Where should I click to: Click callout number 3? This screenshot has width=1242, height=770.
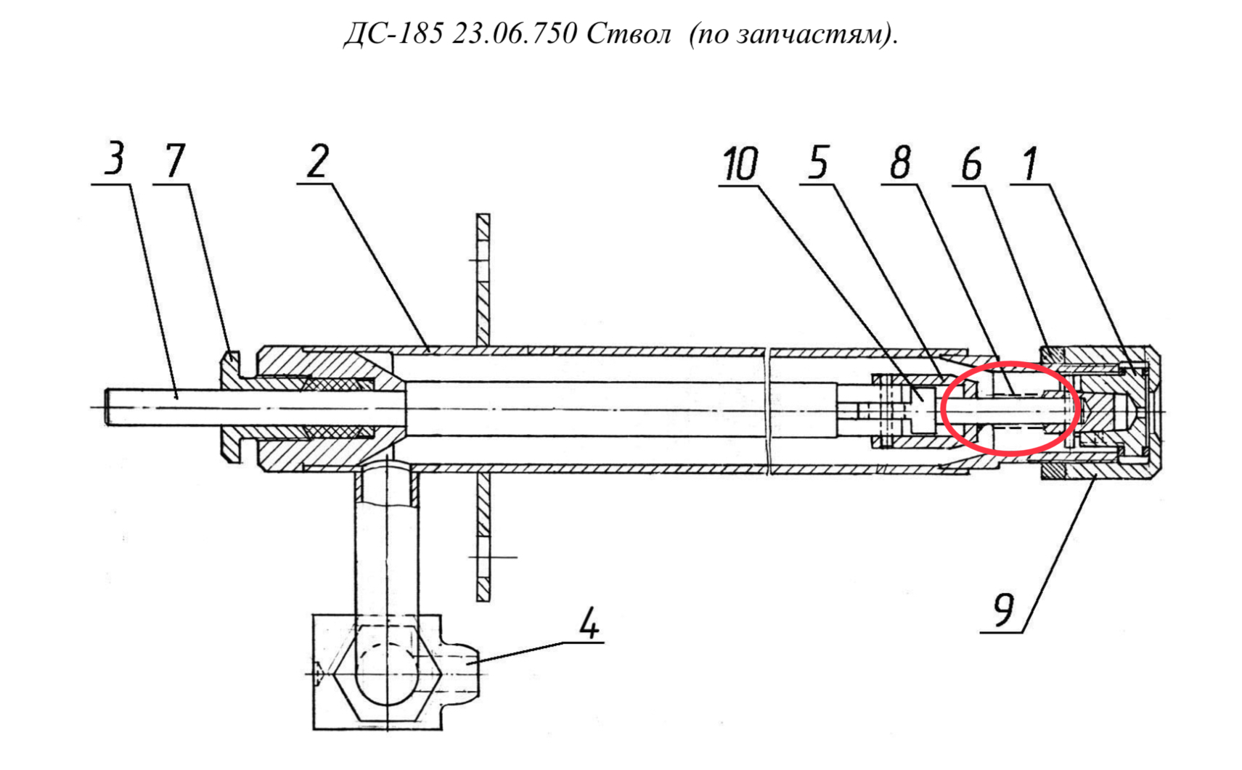pos(115,158)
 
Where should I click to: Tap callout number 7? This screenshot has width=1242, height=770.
pos(175,161)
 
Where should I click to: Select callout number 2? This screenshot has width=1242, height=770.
pos(318,161)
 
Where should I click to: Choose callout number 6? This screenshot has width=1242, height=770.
pos(971,164)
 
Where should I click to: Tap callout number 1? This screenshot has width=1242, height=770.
pos(1030,163)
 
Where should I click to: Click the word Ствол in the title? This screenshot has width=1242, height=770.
pos(629,34)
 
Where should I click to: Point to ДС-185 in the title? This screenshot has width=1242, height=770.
pos(393,34)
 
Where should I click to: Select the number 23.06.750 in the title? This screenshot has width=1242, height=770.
pos(515,34)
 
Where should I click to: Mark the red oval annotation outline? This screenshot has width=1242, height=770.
pos(941,409)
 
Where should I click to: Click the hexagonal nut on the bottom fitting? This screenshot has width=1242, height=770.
pos(387,673)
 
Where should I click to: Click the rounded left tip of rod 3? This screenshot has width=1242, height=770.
pos(107,407)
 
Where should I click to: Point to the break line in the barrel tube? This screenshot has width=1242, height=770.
pos(768,411)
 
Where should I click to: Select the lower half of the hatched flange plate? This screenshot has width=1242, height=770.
pos(483,536)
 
